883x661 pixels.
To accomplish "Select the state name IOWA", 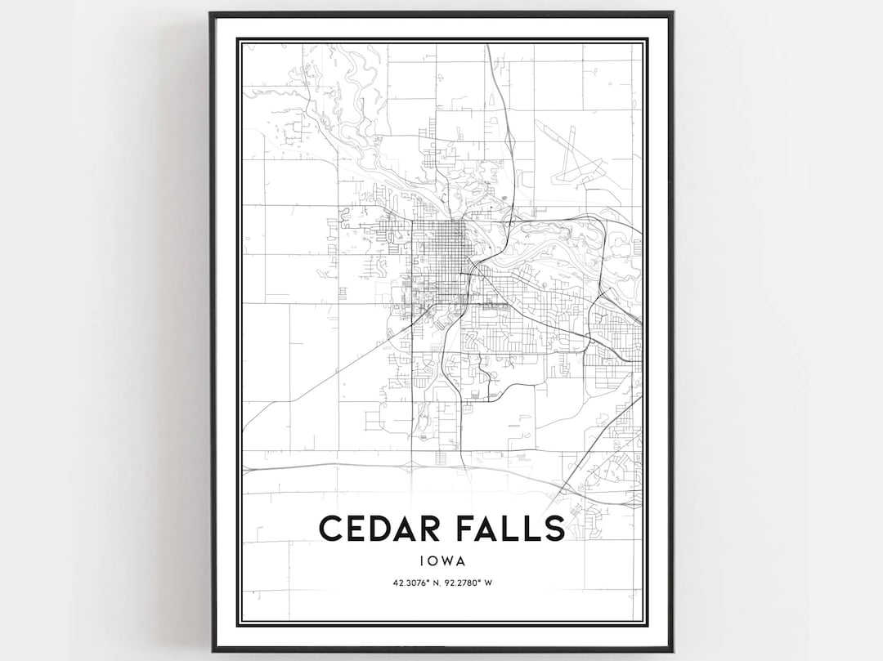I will pyautogui.click(x=441, y=561).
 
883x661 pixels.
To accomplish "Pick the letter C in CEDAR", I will pyautogui.click(x=331, y=528).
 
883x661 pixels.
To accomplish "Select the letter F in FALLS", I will pyautogui.click(x=464, y=528).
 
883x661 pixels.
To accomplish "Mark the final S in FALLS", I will pyautogui.click(x=554, y=528).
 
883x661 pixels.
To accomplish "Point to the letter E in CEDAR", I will pyautogui.click(x=357, y=528).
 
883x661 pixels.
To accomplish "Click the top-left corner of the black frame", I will pyautogui.click(x=212, y=14).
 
